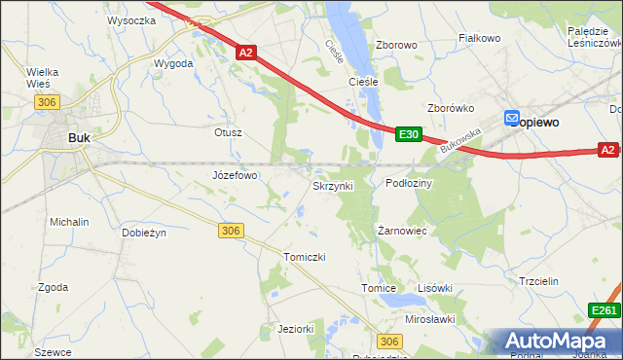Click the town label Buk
79,138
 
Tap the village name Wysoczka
131,19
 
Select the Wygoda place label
173,63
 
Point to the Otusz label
227,131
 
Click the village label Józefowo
235,175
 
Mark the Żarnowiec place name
403,231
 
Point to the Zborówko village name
450,108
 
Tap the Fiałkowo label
479,39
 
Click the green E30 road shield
409,135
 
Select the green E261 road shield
605,309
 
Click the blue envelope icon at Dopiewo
513,119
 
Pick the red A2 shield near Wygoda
246,53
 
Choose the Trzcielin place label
537,281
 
